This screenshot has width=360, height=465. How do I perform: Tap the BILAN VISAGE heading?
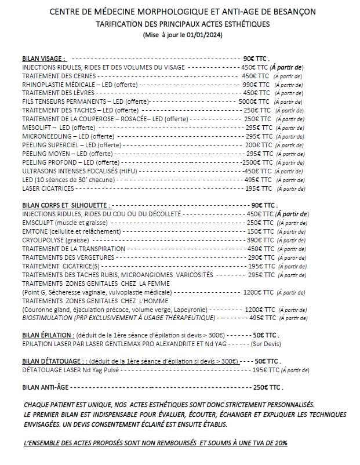[x=44, y=59]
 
